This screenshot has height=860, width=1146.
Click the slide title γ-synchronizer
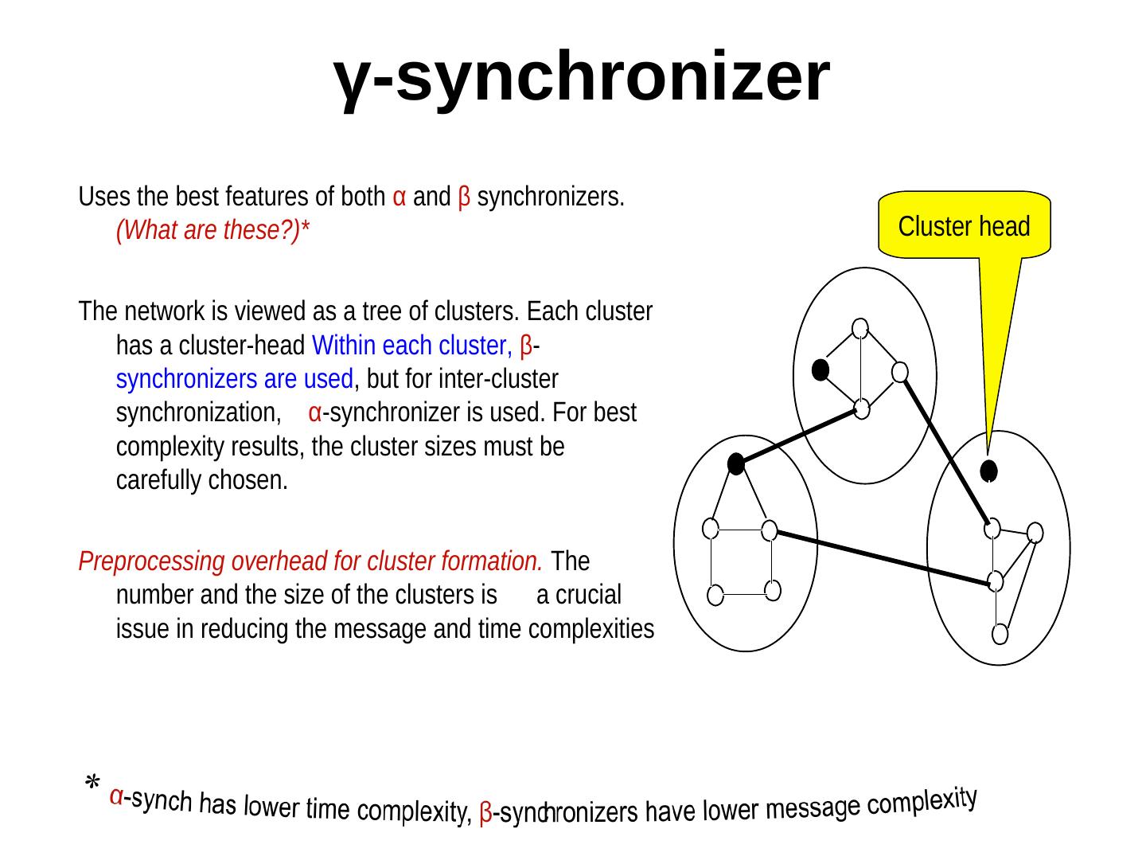click(582, 77)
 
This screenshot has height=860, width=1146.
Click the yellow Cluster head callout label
click(964, 227)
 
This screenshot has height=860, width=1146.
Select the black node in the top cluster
click(821, 369)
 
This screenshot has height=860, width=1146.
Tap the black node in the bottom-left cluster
click(736, 464)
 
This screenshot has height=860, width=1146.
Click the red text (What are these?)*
click(212, 231)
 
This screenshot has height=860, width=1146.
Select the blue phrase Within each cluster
click(411, 346)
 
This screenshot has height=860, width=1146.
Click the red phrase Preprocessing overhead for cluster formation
click(311, 561)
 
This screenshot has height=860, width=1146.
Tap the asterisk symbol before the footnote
click(93, 784)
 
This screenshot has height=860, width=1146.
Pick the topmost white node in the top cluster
click(859, 327)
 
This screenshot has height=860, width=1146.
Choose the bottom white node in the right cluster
click(1000, 635)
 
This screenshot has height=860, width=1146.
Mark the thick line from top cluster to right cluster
click(945, 450)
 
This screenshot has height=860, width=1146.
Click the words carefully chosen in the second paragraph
click(201, 481)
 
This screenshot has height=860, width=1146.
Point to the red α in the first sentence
click(401, 197)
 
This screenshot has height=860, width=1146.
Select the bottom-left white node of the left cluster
click(715, 595)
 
